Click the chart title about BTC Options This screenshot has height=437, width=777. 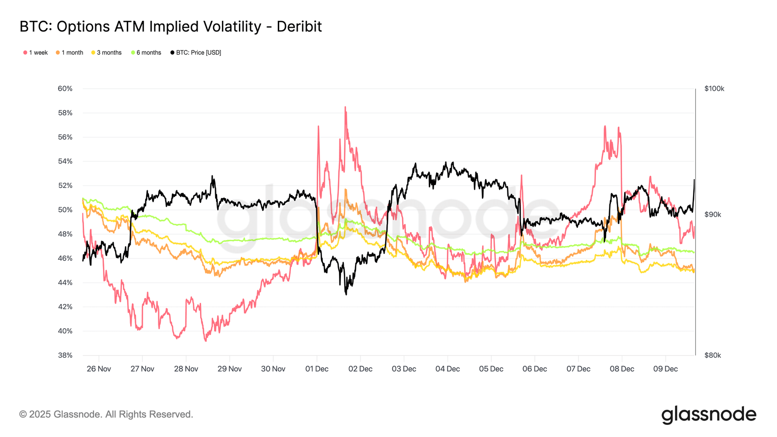click(x=170, y=27)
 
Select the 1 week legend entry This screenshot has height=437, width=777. click(x=35, y=52)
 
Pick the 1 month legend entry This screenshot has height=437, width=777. click(x=69, y=52)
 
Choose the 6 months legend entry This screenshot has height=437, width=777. click(x=146, y=52)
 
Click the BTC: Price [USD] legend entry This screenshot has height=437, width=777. click(x=196, y=52)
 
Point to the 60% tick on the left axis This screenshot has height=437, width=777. click(x=65, y=88)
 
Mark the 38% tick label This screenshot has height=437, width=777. click(x=65, y=355)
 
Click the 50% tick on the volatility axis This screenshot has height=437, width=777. click(x=65, y=210)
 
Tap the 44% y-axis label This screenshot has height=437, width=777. click(x=65, y=283)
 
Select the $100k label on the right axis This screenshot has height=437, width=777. click(x=714, y=88)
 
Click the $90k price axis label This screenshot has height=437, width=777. click(x=712, y=215)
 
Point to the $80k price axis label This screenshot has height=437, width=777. click(x=712, y=355)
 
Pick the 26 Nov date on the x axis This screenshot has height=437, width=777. click(x=99, y=369)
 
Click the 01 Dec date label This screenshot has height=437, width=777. click(x=317, y=369)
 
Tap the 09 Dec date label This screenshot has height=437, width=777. click(x=665, y=369)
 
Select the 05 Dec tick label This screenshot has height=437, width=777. click(x=491, y=369)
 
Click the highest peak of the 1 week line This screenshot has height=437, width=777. click(x=345, y=107)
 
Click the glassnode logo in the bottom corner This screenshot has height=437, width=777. click(x=709, y=415)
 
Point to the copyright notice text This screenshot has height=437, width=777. click(x=106, y=414)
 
